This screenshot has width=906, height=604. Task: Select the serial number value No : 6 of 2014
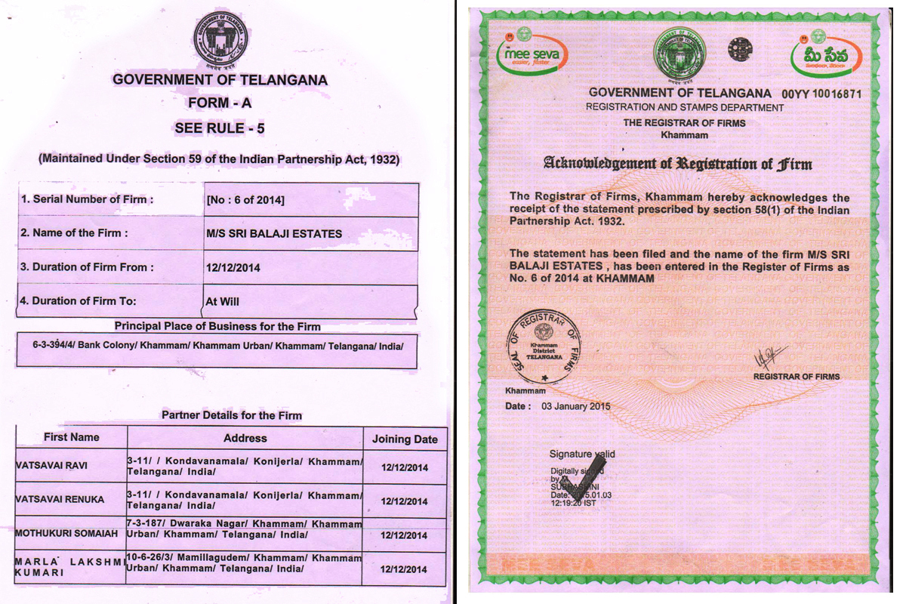[245, 200]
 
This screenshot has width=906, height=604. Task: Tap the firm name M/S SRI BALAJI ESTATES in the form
[274, 234]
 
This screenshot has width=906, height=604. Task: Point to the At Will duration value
[223, 301]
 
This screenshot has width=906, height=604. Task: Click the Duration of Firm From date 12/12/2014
[233, 267]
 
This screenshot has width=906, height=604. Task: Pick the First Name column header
[71, 437]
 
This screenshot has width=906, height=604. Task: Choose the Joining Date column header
[405, 439]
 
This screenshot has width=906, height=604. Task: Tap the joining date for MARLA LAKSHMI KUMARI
[405, 569]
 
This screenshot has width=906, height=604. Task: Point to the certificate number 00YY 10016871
[821, 94]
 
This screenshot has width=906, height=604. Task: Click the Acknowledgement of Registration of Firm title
[677, 163]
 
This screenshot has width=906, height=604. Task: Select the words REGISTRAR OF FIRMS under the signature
[796, 376]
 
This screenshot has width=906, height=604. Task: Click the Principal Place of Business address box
[217, 352]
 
